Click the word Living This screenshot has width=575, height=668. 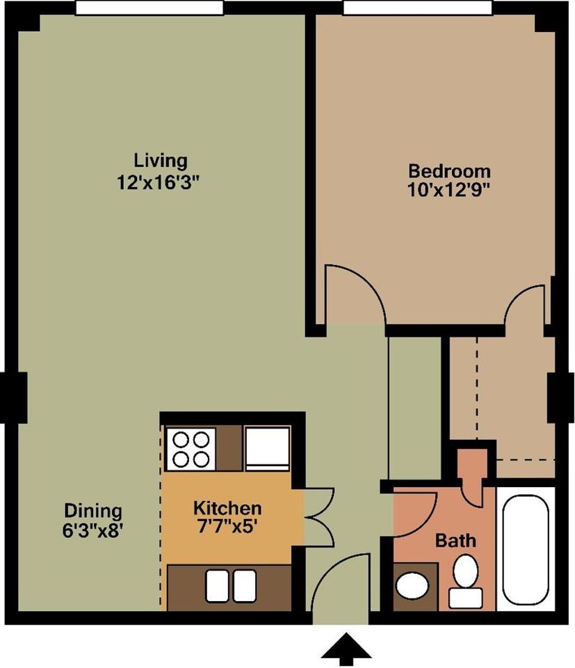coord(161,161)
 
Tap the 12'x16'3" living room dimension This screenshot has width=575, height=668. coord(159,183)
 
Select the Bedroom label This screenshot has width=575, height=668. coord(449,171)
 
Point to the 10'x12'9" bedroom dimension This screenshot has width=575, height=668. coord(447,189)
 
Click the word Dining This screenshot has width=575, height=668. coord(93,510)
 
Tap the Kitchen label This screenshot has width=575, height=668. coord(227,508)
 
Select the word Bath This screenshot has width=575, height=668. coord(455,541)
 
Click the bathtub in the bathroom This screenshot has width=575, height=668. coord(525,550)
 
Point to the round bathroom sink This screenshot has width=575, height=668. coord(412,586)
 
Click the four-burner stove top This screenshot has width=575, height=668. coord(191,449)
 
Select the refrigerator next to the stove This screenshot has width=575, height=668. coord(267,449)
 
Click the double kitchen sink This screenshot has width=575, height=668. coord(231,586)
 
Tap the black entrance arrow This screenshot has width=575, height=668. coord(346,649)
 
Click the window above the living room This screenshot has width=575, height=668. coord(149,7)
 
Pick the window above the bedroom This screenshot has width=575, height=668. coord(418,7)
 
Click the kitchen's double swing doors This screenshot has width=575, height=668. coord(319,516)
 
